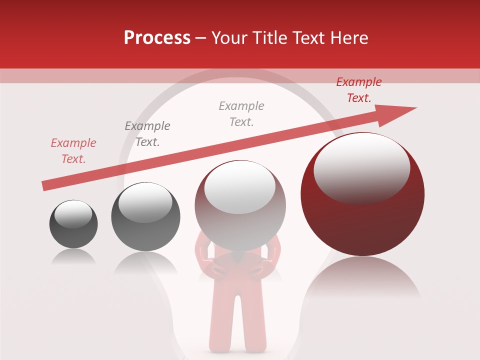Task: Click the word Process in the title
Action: point(157,38)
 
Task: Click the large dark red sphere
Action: point(362,210)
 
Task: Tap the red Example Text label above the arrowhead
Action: point(359,90)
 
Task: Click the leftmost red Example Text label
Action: point(73,151)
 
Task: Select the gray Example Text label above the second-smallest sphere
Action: point(147,134)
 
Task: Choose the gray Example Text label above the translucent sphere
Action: point(241,114)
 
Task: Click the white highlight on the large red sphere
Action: point(361,167)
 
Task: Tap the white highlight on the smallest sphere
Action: point(73,214)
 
